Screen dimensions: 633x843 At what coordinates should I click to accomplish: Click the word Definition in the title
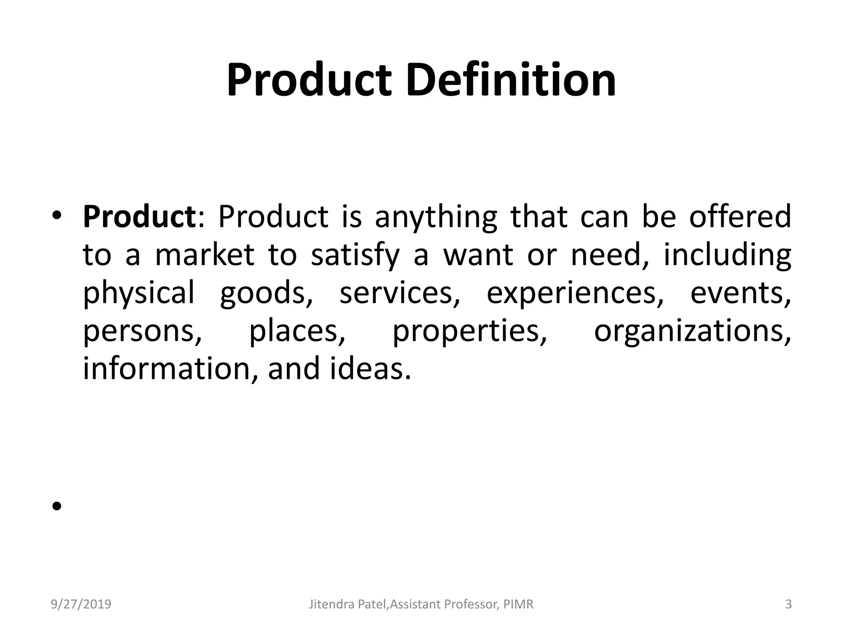(511, 80)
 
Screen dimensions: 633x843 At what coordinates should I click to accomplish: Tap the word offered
(740, 216)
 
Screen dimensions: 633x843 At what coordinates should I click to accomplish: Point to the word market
(205, 255)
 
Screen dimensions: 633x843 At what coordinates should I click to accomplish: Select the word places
(297, 331)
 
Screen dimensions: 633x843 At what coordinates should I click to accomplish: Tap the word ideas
(370, 368)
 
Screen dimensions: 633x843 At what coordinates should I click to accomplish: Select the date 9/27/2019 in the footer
(81, 605)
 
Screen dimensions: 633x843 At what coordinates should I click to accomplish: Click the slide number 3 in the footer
(788, 605)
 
